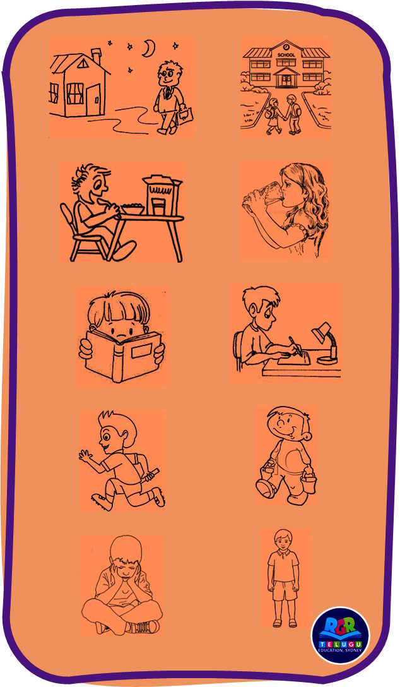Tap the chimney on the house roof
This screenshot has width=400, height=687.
coord(96,56)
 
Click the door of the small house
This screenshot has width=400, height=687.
coord(93,100)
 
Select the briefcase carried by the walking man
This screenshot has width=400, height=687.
coord(185,116)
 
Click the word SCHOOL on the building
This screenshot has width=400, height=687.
coord(286,55)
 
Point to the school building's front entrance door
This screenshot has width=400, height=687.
coord(286,80)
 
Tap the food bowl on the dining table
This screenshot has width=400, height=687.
coord(132,209)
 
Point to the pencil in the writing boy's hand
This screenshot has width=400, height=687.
coord(295,345)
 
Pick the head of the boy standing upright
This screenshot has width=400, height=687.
coord(283,540)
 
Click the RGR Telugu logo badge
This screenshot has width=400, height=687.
coord(341,636)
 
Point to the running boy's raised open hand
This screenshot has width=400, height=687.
coord(86,455)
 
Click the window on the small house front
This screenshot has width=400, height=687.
coord(75,93)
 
